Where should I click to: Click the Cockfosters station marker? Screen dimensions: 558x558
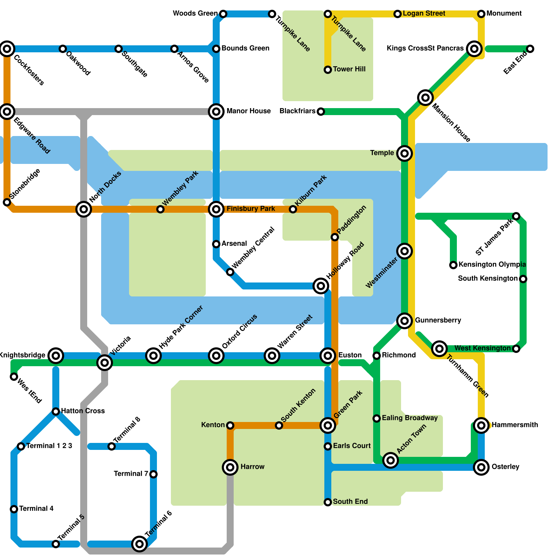pyautogui.click(x=7, y=48)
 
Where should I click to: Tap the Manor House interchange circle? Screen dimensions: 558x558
pyautogui.click(x=216, y=112)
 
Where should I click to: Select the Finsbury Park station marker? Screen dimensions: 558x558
pyautogui.click(x=216, y=209)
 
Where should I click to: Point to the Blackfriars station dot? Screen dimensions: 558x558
pyautogui.click(x=321, y=112)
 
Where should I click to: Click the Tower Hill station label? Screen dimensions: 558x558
pyautogui.click(x=349, y=69)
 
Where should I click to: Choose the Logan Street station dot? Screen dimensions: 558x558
pyautogui.click(x=398, y=14)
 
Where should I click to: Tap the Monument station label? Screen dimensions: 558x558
pyautogui.click(x=504, y=14)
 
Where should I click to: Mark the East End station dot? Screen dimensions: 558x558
pyautogui.click(x=530, y=49)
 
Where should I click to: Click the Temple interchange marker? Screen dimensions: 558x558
pyautogui.click(x=405, y=153)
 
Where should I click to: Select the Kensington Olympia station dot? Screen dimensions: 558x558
pyautogui.click(x=453, y=265)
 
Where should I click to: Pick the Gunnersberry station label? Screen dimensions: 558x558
pyautogui.click(x=438, y=320)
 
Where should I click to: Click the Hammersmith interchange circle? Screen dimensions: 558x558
pyautogui.click(x=481, y=425)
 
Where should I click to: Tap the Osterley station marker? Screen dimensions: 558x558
pyautogui.click(x=481, y=467)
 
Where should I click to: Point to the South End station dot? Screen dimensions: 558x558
pyautogui.click(x=328, y=502)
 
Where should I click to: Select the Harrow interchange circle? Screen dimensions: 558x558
pyautogui.click(x=230, y=467)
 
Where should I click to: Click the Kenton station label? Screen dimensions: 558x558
pyautogui.click(x=213, y=425)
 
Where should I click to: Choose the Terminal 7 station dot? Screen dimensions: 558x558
pyautogui.click(x=153, y=474)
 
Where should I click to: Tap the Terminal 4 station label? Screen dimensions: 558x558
pyautogui.click(x=36, y=508)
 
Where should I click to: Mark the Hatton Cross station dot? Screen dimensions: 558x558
pyautogui.click(x=56, y=412)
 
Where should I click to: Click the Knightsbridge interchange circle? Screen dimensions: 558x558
pyautogui.click(x=56, y=356)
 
